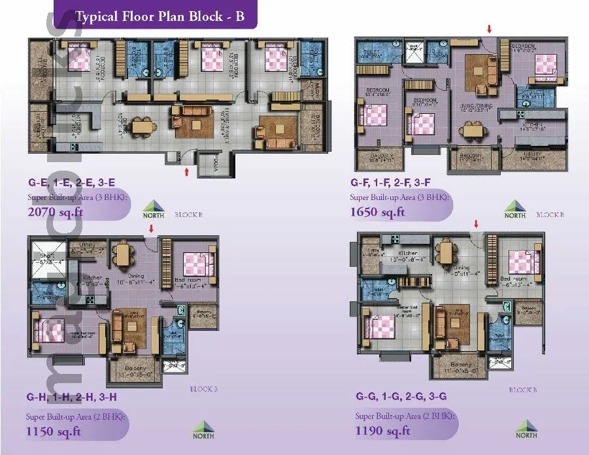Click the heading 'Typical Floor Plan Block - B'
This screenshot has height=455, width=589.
[x=160, y=16]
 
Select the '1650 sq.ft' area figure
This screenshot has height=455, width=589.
[x=377, y=212]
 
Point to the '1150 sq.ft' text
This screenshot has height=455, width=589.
[x=54, y=431]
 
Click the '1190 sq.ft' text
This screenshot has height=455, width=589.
[x=382, y=430]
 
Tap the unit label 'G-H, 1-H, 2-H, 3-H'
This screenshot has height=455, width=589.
[x=72, y=397]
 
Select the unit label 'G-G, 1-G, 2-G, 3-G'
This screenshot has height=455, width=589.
[x=399, y=397]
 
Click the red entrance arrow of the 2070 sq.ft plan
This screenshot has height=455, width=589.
[x=188, y=172]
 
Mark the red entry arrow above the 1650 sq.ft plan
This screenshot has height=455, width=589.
[x=488, y=29]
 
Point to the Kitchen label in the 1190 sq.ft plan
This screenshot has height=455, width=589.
[x=408, y=253]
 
